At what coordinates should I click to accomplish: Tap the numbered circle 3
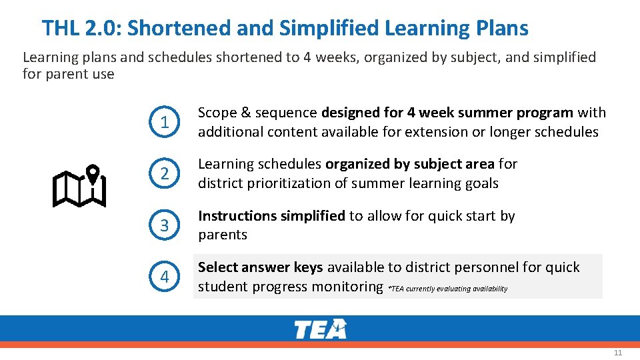(x=164, y=225)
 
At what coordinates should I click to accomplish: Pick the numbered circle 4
(x=164, y=277)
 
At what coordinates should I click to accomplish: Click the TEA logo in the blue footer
(x=320, y=329)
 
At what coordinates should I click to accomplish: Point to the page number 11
(x=617, y=353)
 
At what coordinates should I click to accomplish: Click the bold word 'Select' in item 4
(x=218, y=267)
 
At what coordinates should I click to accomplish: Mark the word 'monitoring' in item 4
(x=351, y=287)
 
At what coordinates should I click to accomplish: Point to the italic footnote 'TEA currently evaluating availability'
(x=449, y=289)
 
